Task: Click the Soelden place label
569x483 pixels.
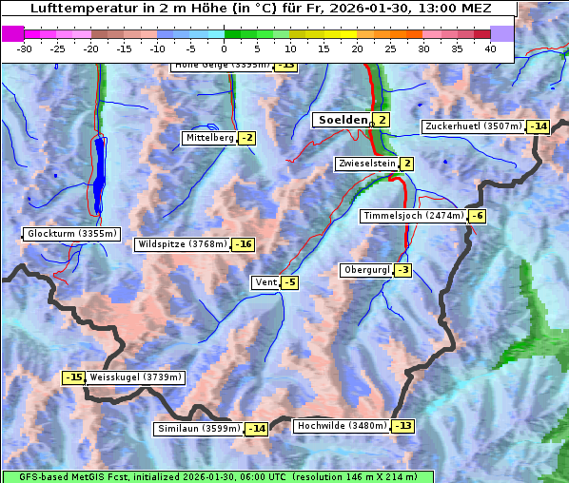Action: click(x=341, y=120)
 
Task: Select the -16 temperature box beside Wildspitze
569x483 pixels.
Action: click(x=244, y=244)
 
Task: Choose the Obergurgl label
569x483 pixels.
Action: click(x=366, y=270)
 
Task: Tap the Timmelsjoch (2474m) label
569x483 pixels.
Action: click(x=414, y=216)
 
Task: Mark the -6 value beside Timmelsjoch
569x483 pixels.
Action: click(x=477, y=216)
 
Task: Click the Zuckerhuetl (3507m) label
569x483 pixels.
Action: click(x=474, y=126)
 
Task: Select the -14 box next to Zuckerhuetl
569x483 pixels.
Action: click(x=539, y=126)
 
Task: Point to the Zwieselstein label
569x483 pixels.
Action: click(x=366, y=164)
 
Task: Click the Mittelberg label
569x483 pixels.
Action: click(x=209, y=138)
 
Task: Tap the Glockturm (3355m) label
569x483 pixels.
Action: click(x=72, y=234)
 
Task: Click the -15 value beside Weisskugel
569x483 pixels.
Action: click(x=74, y=377)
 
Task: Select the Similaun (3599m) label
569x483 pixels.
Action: click(x=198, y=429)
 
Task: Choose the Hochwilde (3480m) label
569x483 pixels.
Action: click(x=342, y=426)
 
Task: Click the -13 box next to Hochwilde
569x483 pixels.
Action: click(x=402, y=426)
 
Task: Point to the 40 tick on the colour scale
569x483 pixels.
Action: click(x=490, y=48)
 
